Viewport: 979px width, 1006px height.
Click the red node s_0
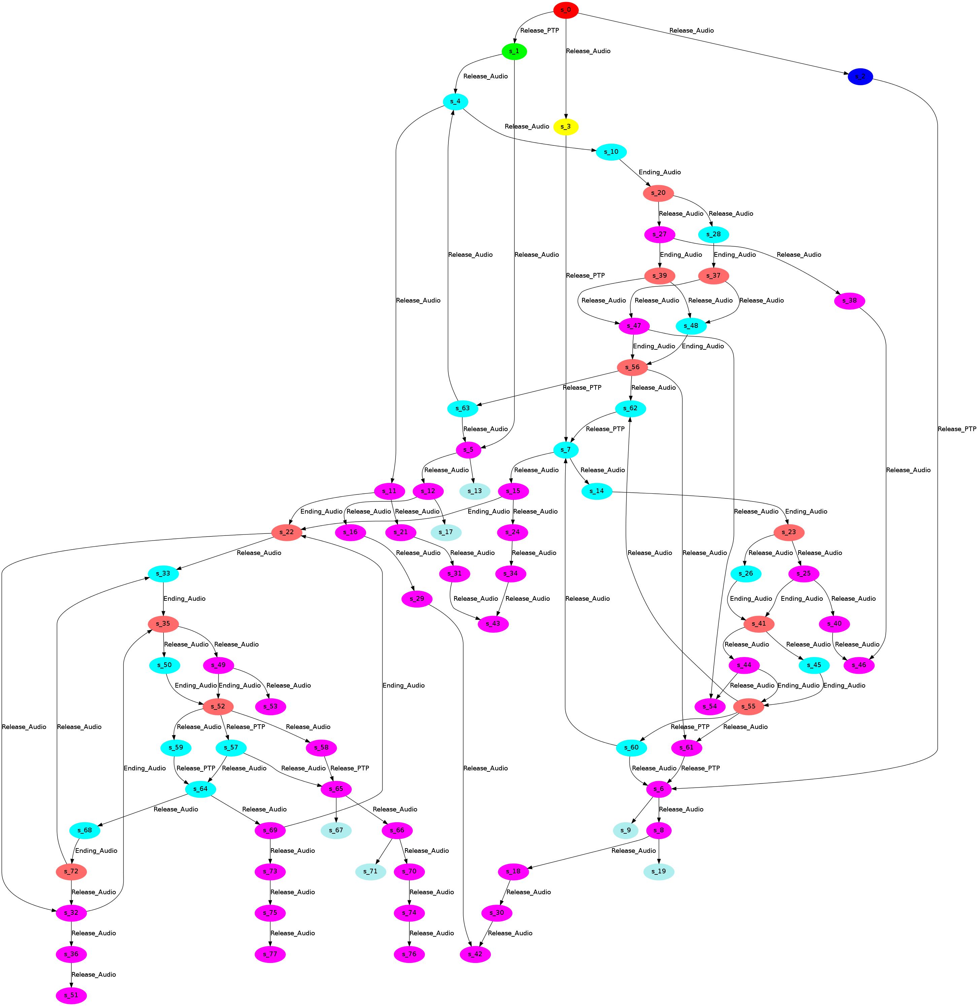point(566,10)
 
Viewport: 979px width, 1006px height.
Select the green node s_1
point(514,51)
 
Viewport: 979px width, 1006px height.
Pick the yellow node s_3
point(566,127)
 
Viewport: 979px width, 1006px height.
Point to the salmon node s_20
point(658,193)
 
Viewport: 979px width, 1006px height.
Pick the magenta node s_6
point(659,789)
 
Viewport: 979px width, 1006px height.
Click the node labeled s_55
point(748,706)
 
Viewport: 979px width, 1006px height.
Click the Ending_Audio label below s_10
point(659,172)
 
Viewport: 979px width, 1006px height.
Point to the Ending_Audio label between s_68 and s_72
point(96,851)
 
